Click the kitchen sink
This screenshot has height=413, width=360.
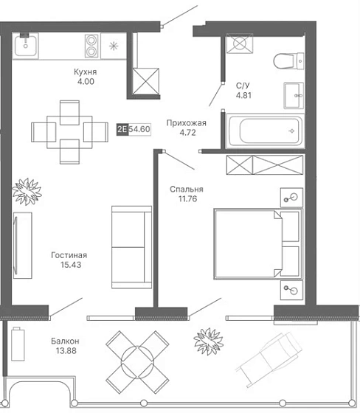[25, 46]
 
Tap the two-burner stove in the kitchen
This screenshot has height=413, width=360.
[91, 46]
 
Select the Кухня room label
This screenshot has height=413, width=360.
[85, 72]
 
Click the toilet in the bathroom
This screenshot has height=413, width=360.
[288, 61]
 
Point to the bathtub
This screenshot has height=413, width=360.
[266, 131]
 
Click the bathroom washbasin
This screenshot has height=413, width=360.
[294, 95]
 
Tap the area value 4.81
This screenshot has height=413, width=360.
[243, 95]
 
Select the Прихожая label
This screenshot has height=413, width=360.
[187, 123]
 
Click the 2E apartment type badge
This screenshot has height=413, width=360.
[122, 129]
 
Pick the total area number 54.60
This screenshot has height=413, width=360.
[139, 129]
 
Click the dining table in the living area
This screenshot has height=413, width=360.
[69, 132]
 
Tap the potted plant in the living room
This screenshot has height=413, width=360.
[27, 192]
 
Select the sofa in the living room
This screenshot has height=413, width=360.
[131, 247]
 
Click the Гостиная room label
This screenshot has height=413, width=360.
[69, 255]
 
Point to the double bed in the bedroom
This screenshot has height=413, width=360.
[258, 243]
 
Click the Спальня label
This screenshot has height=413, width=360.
[187, 189]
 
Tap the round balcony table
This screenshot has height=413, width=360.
[137, 362]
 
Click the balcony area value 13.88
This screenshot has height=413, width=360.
[66, 350]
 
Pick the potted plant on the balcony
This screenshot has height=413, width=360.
[209, 341]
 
